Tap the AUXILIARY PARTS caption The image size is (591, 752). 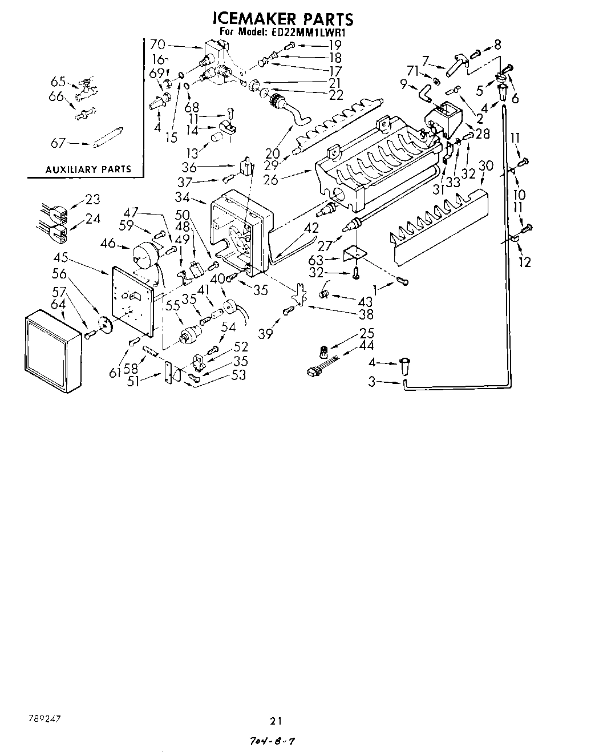pyautogui.click(x=88, y=169)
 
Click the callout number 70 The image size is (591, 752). pyautogui.click(x=158, y=43)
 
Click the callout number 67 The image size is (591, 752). pyautogui.click(x=59, y=143)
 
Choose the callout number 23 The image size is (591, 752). pyautogui.click(x=92, y=199)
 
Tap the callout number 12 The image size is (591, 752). pyautogui.click(x=524, y=262)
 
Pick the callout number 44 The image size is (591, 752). pyautogui.click(x=367, y=345)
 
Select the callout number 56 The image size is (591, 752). pyautogui.click(x=59, y=274)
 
